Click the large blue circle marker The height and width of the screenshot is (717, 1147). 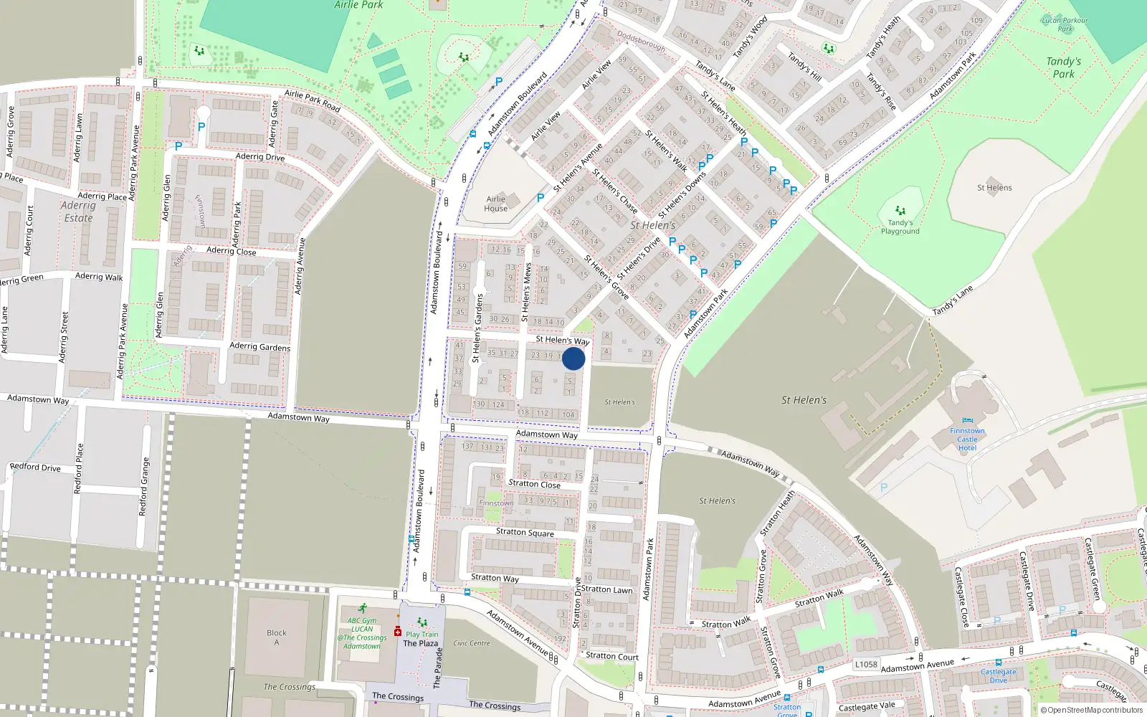(x=573, y=358)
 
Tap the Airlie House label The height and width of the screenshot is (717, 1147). (x=495, y=204)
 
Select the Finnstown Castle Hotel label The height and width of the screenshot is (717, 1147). (x=967, y=439)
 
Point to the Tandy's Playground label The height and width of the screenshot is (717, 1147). (x=900, y=227)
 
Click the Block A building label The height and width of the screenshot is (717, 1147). (x=277, y=637)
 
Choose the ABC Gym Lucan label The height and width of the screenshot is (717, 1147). (x=362, y=633)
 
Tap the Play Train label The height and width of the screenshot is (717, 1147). (x=422, y=634)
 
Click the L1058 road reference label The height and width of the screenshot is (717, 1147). (x=865, y=664)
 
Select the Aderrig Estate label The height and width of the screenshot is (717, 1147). (x=78, y=212)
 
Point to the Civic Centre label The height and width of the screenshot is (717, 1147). (x=472, y=643)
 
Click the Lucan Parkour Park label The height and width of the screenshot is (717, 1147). (x=1065, y=24)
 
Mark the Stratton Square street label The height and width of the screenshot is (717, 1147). (x=525, y=532)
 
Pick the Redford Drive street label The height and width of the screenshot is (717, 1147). (x=35, y=467)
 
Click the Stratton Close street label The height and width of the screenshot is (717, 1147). (x=534, y=484)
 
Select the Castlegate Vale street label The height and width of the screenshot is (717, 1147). (x=867, y=707)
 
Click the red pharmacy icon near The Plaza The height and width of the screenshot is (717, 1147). (x=397, y=631)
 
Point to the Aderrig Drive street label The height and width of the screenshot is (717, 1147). (x=260, y=157)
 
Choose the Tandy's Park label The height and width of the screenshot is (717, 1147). (x=1063, y=67)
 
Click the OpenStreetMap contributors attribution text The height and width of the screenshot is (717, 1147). (x=1092, y=711)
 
